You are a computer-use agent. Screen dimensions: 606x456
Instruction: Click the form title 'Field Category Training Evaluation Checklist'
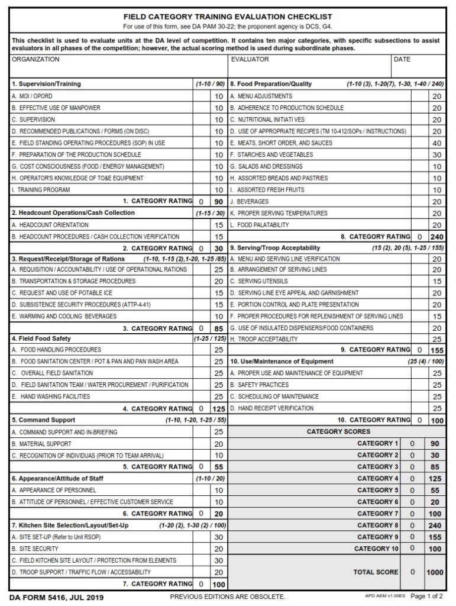click(x=228, y=17)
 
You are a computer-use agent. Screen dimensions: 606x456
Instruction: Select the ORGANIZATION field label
click(x=35, y=60)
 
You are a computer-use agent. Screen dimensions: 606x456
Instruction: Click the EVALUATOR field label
click(x=250, y=60)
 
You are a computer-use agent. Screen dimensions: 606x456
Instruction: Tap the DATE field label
click(x=402, y=60)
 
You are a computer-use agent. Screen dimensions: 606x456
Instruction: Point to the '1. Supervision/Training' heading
click(x=46, y=84)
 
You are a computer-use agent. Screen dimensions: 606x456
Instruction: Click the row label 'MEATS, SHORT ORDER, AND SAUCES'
click(x=281, y=143)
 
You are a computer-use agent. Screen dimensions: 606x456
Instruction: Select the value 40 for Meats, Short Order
click(x=436, y=143)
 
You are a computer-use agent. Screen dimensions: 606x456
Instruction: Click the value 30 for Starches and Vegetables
click(x=436, y=155)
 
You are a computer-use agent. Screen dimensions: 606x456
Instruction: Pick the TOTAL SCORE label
click(x=376, y=572)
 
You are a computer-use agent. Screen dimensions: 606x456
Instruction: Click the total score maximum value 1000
click(x=435, y=572)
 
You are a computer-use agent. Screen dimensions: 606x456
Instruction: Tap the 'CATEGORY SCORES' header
click(x=338, y=432)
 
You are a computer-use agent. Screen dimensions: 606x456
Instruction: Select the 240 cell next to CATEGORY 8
click(x=435, y=526)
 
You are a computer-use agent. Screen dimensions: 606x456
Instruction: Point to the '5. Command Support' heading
click(x=43, y=420)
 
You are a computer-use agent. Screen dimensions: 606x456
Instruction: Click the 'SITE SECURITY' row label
click(x=34, y=549)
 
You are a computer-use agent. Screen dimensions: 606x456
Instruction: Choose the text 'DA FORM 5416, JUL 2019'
click(x=56, y=597)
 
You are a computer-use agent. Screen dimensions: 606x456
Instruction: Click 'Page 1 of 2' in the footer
click(x=430, y=597)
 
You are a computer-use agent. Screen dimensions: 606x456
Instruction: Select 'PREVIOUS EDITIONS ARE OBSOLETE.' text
click(x=228, y=597)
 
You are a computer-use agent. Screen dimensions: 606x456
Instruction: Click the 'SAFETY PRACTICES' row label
click(x=259, y=385)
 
